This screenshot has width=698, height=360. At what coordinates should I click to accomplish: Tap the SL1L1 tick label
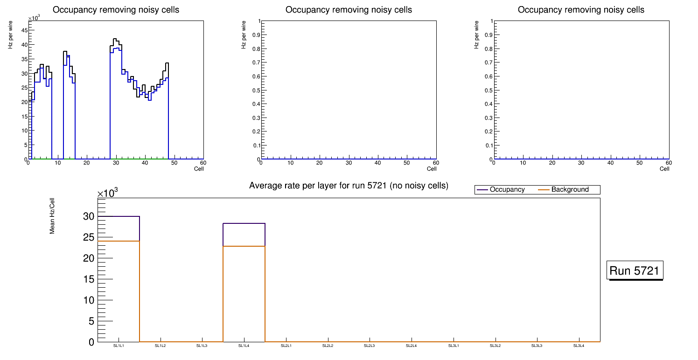coord(119,346)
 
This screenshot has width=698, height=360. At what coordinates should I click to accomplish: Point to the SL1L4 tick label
coord(244,346)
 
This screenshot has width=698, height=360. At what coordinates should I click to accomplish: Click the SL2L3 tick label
coord(370,346)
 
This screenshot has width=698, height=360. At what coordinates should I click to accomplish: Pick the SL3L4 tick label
coord(579,346)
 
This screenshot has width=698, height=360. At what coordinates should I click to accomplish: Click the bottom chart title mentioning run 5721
coord(349,186)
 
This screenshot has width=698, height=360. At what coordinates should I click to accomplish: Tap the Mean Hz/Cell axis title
coord(52,219)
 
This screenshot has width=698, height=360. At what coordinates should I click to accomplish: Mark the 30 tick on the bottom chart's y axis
coord(89,216)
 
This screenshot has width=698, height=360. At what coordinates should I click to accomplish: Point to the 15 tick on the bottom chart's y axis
coord(89,279)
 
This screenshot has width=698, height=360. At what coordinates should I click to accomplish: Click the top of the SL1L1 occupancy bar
coord(119,216)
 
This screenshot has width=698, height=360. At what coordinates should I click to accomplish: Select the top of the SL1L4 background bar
coord(244,246)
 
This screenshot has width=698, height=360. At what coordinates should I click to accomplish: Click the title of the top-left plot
coord(116,10)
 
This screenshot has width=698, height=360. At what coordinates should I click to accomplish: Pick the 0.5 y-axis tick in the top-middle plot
coord(255,90)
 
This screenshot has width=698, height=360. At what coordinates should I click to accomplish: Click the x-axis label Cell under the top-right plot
coord(664,169)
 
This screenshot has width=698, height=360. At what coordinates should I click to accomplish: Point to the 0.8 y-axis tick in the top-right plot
coord(488,48)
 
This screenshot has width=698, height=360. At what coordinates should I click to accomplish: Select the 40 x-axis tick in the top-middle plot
coord(377,163)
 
